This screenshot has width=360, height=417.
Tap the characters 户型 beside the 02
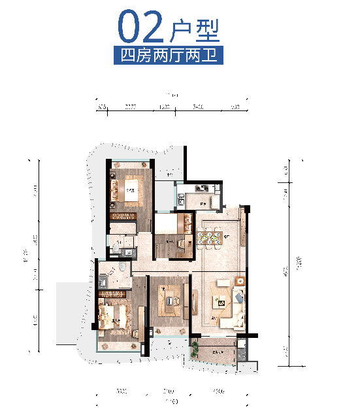tap(193, 29)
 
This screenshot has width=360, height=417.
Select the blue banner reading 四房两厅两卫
tap(169, 55)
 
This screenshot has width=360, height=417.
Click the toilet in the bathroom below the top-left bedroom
tap(116, 248)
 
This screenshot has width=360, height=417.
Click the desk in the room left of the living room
tap(172, 301)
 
